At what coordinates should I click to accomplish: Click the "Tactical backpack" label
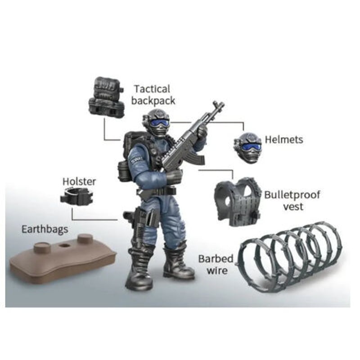point(153,95)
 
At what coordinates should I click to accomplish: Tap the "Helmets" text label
point(284,139)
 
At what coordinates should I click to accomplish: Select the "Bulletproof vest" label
point(292,201)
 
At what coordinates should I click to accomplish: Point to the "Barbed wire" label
point(216,265)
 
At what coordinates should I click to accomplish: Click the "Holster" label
point(79,182)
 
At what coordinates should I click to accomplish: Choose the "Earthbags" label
point(45,229)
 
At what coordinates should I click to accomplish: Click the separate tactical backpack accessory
point(107,97)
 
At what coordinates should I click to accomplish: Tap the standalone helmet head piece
point(248,148)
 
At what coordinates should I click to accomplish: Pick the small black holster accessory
point(76,196)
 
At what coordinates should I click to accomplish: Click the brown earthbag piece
point(63,259)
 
